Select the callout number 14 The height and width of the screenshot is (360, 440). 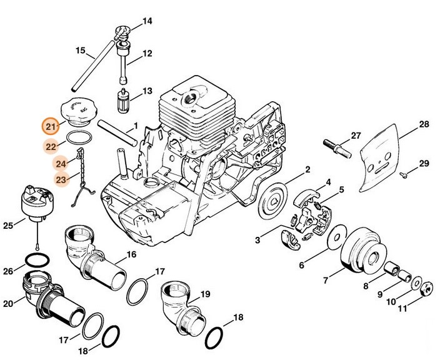click(x=147, y=21)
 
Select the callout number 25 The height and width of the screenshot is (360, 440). click(x=8, y=224)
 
